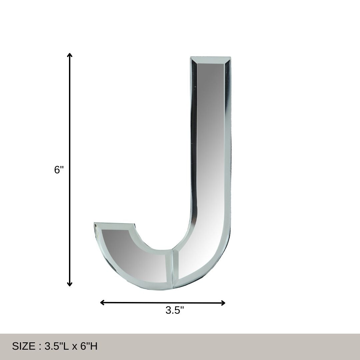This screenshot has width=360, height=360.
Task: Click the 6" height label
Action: (x=59, y=170)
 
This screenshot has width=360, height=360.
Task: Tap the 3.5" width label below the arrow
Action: (x=175, y=310)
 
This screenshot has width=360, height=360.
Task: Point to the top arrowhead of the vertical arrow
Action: (x=70, y=55)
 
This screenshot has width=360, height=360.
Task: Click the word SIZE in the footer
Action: (x=23, y=346)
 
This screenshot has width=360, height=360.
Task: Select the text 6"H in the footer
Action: (x=89, y=346)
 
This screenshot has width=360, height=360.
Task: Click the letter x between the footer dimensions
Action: (x=74, y=347)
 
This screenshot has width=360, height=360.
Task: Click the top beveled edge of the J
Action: (x=210, y=60)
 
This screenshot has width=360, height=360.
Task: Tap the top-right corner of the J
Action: (x=230, y=58)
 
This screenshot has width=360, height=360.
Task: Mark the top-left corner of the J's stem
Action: (x=191, y=58)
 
